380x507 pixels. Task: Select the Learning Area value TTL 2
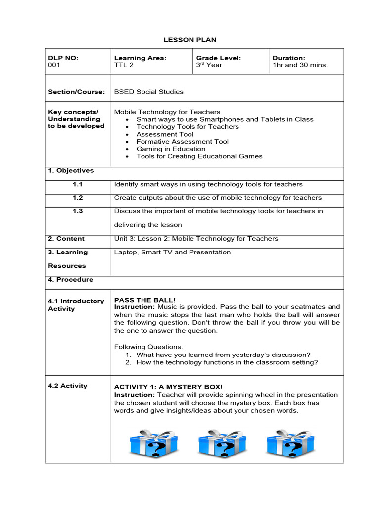click(124, 65)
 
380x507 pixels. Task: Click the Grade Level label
click(219, 58)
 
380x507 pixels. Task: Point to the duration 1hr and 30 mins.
click(300, 65)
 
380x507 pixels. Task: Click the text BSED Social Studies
click(148, 92)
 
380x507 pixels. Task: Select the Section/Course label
click(76, 92)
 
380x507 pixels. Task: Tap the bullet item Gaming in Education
click(171, 149)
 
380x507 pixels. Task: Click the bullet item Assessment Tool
click(165, 134)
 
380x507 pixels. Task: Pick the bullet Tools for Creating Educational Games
click(199, 156)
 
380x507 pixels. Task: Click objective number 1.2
click(78, 198)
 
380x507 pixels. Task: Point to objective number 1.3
click(78, 211)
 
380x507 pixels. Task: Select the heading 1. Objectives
click(71, 171)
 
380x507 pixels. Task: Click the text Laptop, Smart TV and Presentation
click(172, 253)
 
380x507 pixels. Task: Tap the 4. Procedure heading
click(70, 280)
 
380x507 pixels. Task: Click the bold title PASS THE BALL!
click(145, 300)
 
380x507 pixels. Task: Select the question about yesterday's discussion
click(223, 355)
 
